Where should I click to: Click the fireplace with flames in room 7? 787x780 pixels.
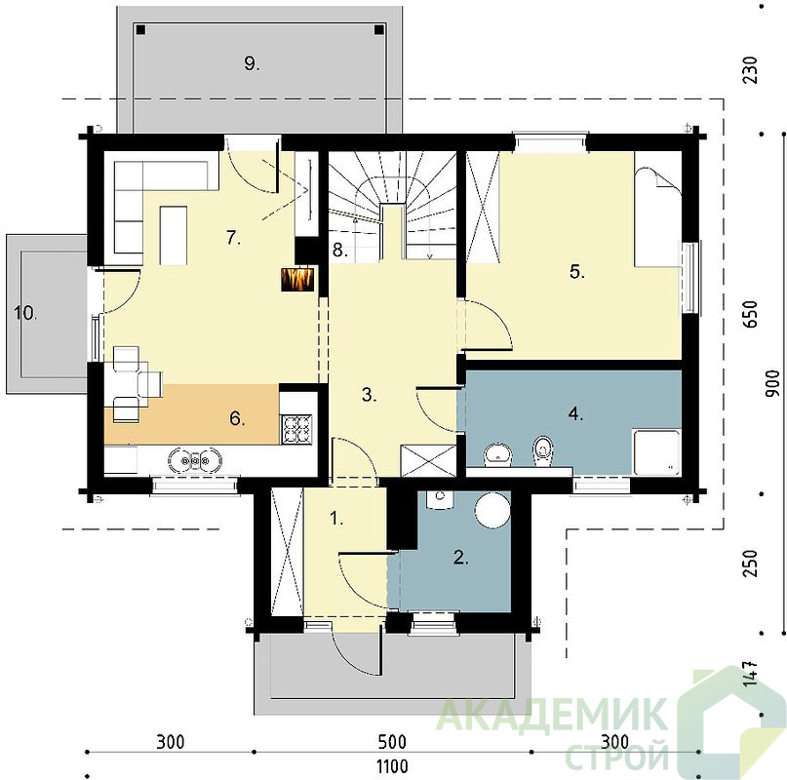[x=297, y=279]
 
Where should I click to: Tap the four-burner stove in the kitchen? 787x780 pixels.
[x=297, y=429]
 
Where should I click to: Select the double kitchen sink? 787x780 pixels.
[x=195, y=460]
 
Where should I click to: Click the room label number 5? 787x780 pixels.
[x=577, y=272]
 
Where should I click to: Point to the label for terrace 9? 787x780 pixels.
[x=252, y=63]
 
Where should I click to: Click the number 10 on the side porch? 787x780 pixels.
[x=25, y=313]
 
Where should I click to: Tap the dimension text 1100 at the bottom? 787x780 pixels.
[x=392, y=766]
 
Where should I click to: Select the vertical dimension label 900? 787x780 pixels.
[x=773, y=383]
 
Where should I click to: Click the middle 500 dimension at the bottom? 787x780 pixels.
[x=392, y=741]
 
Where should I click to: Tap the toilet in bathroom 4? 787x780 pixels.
[x=542, y=449]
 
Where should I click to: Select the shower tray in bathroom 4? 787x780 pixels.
[x=656, y=452]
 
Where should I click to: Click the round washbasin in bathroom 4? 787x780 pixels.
[x=498, y=453]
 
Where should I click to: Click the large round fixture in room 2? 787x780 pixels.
[x=492, y=510]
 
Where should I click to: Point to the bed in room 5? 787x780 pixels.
[x=657, y=210]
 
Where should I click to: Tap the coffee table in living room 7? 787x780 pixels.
[x=174, y=235]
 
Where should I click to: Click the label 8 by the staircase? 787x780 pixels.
[x=339, y=250]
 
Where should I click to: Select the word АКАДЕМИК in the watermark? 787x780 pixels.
[x=551, y=716]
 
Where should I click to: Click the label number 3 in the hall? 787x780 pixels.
[x=369, y=395]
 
